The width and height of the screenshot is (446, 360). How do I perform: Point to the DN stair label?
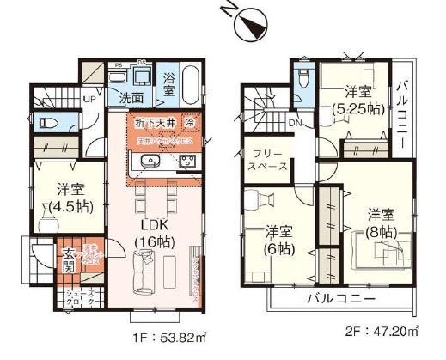coord(295,121)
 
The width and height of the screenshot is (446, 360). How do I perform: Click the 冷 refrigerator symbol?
coord(189,122)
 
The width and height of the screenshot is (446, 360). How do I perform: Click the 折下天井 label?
coord(153,123)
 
